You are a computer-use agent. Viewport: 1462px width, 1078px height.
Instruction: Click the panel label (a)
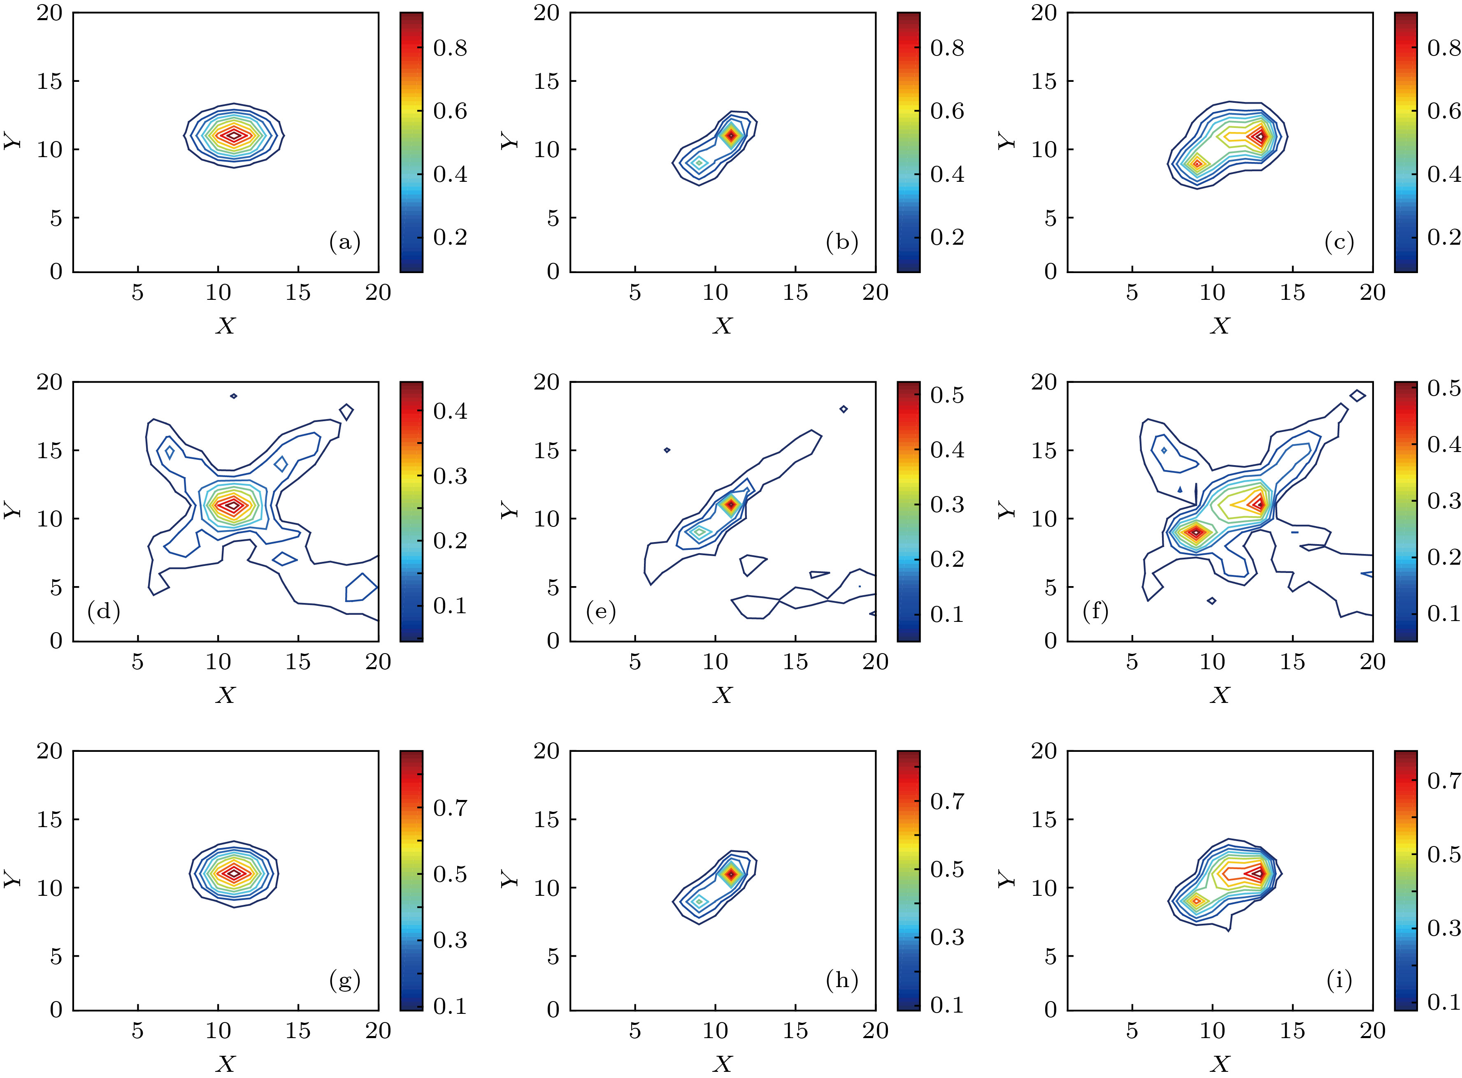pyautogui.click(x=344, y=243)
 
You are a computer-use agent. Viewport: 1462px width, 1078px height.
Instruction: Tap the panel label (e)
pyautogui.click(x=600, y=612)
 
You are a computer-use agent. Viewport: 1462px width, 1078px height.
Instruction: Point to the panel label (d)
pyautogui.click(x=103, y=612)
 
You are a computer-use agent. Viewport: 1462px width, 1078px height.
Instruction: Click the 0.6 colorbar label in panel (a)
pyautogui.click(x=450, y=111)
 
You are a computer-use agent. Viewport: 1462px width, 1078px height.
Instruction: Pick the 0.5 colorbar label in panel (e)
pyautogui.click(x=947, y=395)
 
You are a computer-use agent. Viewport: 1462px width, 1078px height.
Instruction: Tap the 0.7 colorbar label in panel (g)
pyautogui.click(x=450, y=808)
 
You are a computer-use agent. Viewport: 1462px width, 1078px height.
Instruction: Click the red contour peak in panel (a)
pyautogui.click(x=234, y=135)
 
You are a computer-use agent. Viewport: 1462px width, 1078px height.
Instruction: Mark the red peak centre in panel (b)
pyautogui.click(x=731, y=135)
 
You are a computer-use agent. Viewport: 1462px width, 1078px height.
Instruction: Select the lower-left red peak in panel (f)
pyautogui.click(x=1196, y=533)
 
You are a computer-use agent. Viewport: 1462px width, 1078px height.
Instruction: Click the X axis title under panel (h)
pyautogui.click(x=722, y=1064)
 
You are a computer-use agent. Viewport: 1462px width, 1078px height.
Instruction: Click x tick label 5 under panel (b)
pyautogui.click(x=635, y=293)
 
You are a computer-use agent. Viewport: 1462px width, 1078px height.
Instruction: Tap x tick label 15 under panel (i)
pyautogui.click(x=1292, y=1032)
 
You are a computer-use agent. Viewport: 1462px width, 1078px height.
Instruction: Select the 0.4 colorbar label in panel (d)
pyautogui.click(x=450, y=411)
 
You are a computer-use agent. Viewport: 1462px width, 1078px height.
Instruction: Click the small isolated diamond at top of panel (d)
pyautogui.click(x=234, y=396)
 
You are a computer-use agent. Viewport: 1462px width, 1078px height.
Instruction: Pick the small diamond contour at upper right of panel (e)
pyautogui.click(x=844, y=409)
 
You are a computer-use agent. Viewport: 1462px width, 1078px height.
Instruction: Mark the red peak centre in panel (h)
pyautogui.click(x=731, y=874)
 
